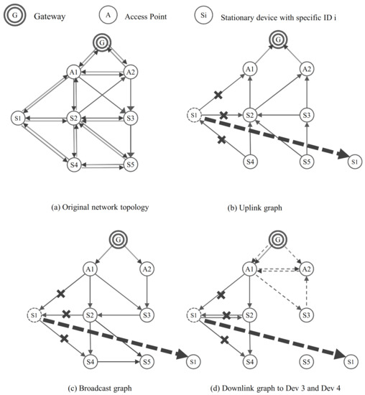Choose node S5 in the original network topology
tap(130, 164)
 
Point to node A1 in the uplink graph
tap(250, 69)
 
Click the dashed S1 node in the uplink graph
tap(193, 115)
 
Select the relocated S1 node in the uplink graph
tap(354, 162)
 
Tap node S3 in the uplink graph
tap(307, 115)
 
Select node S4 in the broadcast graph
tap(91, 362)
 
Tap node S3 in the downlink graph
tap(307, 315)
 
